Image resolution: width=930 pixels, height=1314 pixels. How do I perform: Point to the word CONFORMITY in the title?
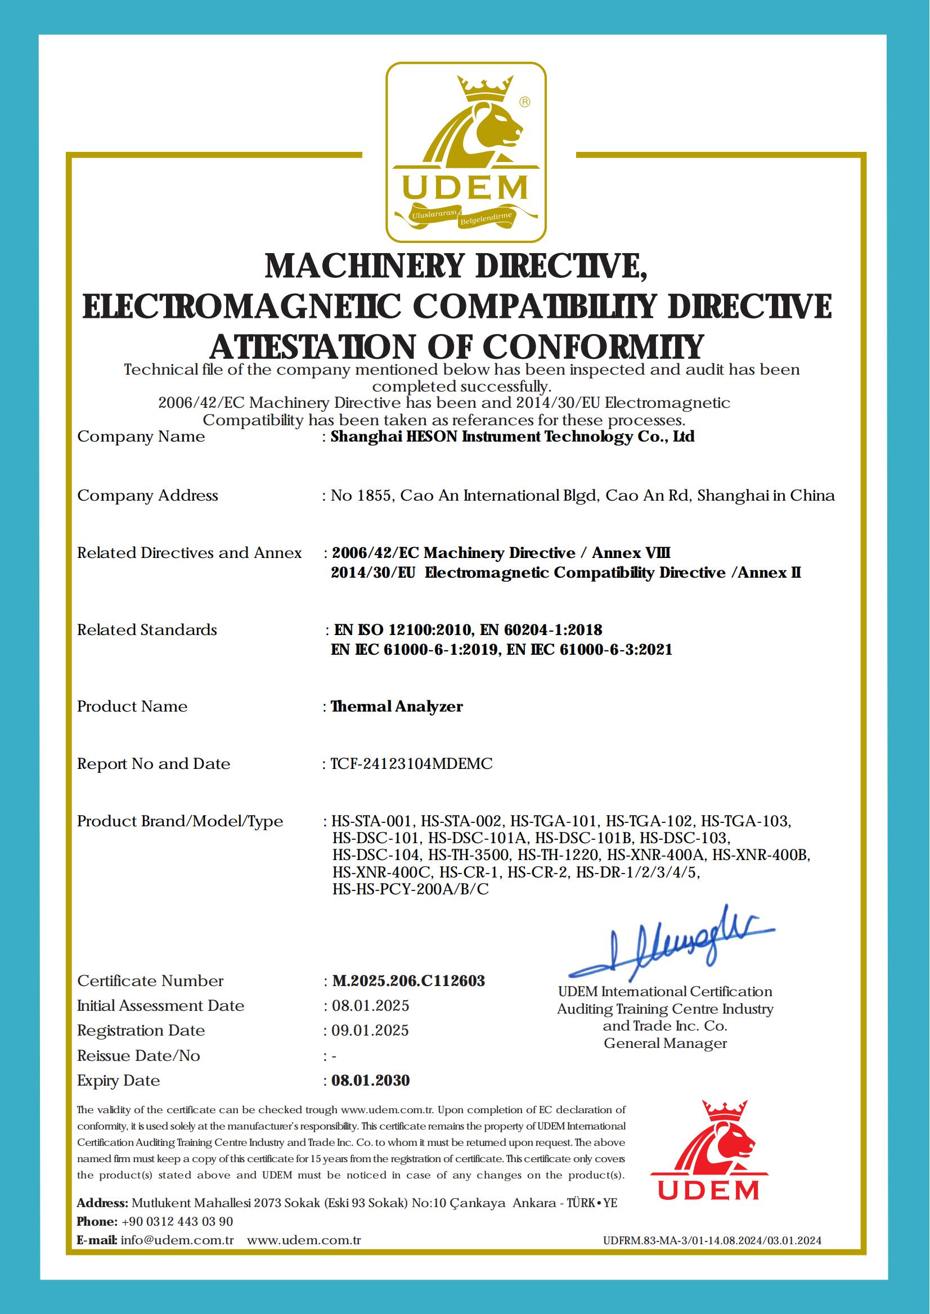tap(592, 348)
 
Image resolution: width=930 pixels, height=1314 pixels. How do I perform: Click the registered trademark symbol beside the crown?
tap(524, 102)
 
